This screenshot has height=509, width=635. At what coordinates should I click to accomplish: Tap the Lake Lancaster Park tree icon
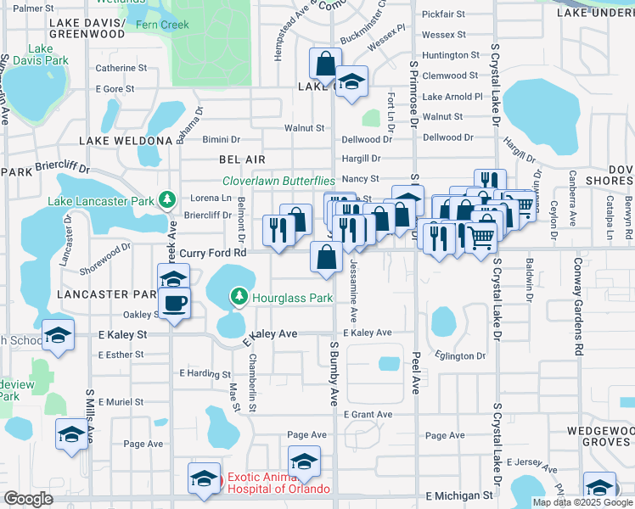click(x=167, y=200)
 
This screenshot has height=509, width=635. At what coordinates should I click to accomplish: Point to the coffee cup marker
click(x=175, y=303)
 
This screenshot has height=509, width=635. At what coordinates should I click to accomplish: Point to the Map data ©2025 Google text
click(x=582, y=502)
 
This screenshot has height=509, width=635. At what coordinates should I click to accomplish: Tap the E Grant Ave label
click(x=368, y=414)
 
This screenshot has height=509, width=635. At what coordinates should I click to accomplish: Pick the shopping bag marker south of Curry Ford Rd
click(x=327, y=257)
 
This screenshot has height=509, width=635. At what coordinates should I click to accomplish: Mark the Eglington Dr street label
click(x=458, y=355)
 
